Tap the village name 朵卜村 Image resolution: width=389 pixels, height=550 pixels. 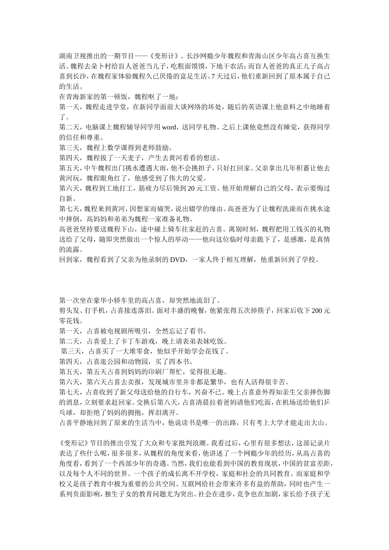tap(103, 66)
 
